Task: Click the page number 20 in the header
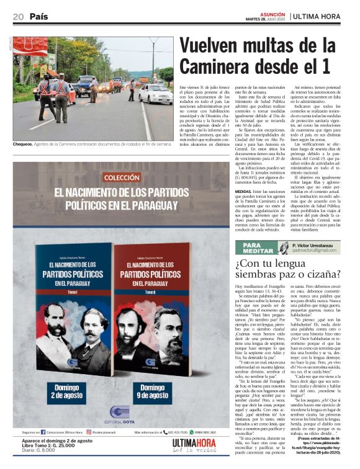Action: click(17, 16)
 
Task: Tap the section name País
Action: click(38, 16)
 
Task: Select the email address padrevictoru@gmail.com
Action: click(317, 252)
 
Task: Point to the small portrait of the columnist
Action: click(284, 248)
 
